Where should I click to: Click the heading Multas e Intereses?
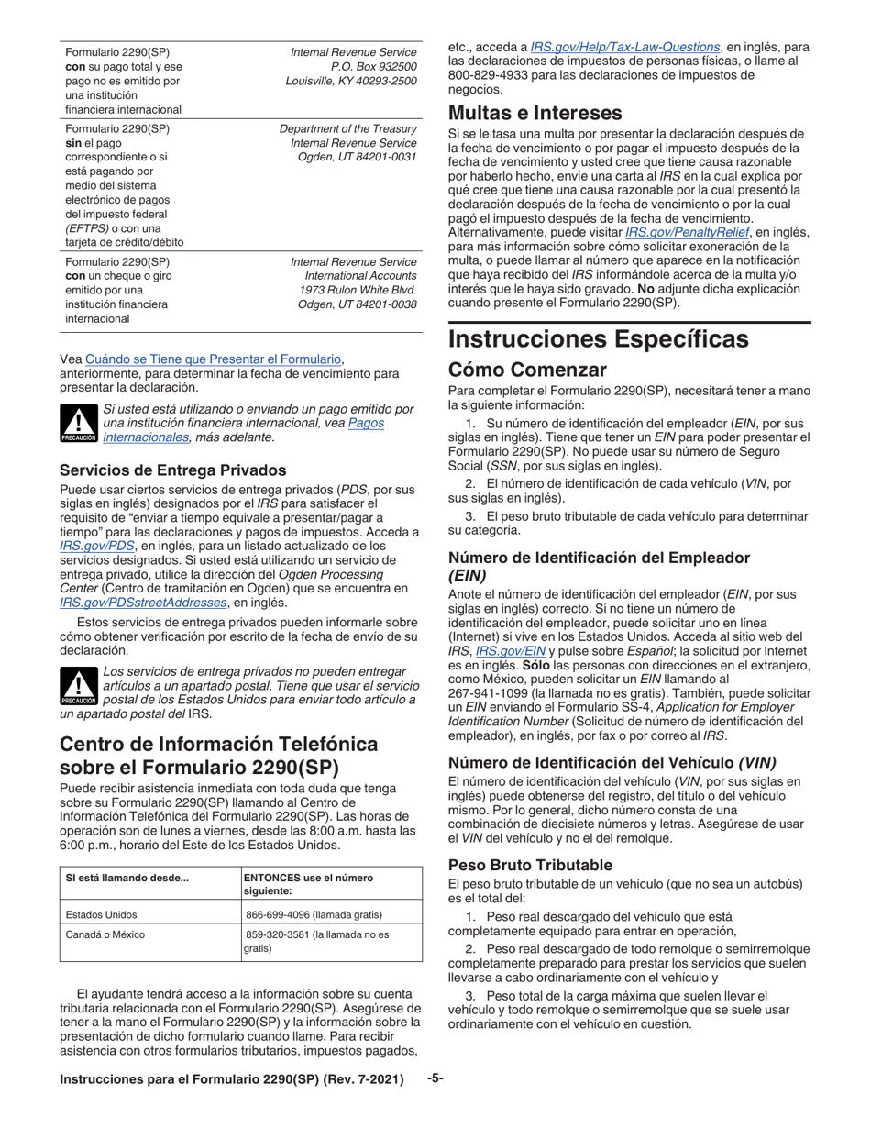[x=535, y=114]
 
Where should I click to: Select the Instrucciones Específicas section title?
[x=598, y=339]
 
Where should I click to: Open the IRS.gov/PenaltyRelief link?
[x=700, y=233]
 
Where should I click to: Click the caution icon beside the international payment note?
[x=78, y=423]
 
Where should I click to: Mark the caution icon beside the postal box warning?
[x=78, y=685]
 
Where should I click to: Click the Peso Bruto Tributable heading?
[x=530, y=865]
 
